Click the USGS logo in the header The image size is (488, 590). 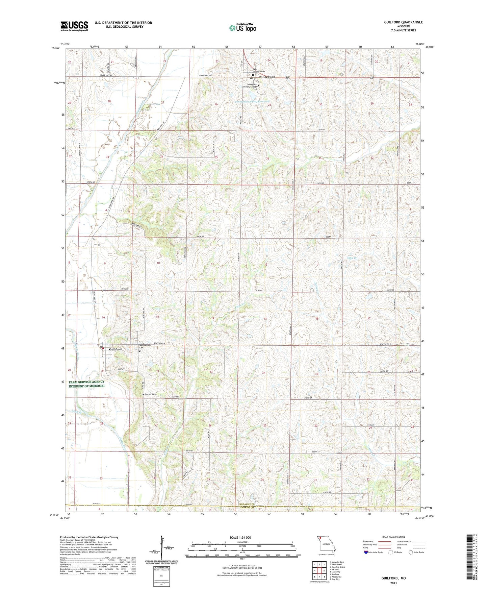pos(74,26)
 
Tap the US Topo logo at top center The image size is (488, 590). pos(242,28)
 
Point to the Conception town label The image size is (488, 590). pos(267,77)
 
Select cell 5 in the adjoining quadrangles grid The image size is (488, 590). pos(324,571)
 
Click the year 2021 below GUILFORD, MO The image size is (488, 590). pos(393,583)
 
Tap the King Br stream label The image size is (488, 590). pos(352,258)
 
